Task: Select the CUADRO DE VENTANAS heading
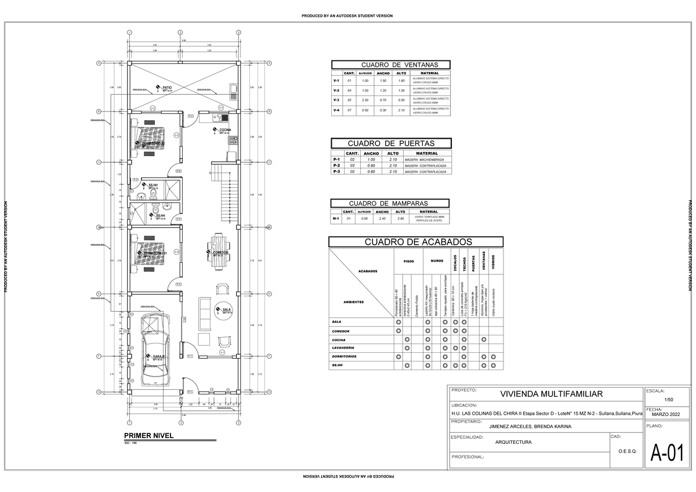tap(391, 64)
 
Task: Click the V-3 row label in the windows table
tap(336, 100)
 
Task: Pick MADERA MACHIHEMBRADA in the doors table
tap(424, 160)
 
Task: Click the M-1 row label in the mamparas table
tap(336, 219)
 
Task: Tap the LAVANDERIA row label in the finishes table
tap(343, 348)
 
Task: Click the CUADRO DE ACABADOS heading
tap(415, 242)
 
